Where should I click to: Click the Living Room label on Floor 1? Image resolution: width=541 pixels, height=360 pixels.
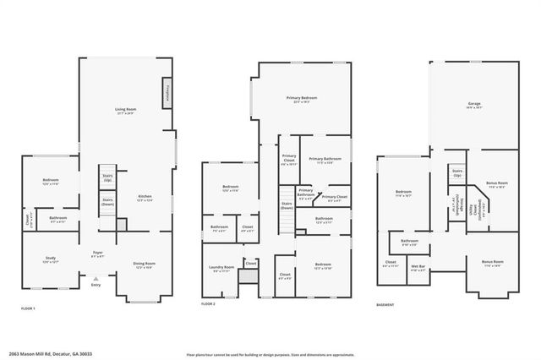point(126,111)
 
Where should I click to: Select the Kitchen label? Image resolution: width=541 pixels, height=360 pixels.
point(144,199)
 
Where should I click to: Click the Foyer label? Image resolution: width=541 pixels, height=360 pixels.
point(98,254)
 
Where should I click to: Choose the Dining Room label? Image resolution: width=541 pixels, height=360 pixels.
point(144,265)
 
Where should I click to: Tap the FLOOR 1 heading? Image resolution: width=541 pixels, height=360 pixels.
point(29,309)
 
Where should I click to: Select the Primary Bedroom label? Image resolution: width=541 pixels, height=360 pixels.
point(303,101)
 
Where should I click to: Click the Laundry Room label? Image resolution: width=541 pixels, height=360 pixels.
point(221,270)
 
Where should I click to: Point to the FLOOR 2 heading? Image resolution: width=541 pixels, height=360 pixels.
point(208,303)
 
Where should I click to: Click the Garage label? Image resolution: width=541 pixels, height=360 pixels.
point(474,105)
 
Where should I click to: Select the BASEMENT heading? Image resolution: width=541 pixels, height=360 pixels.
point(387,303)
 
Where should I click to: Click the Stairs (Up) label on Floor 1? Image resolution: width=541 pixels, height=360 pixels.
point(107,179)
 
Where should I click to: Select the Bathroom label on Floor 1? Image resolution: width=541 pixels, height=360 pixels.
point(57,219)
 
